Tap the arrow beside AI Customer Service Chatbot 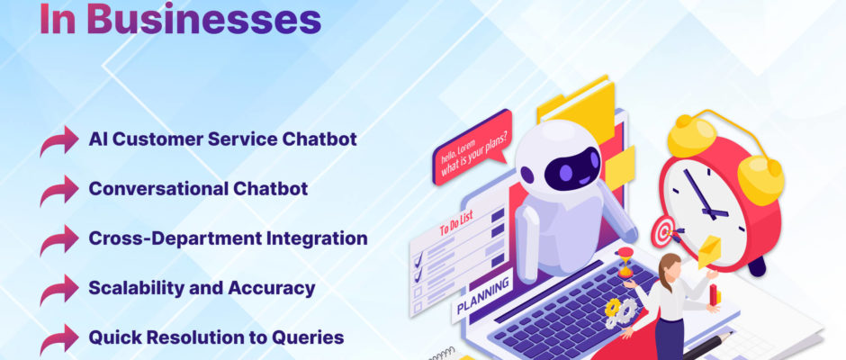coord(59,140)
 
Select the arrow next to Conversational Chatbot coord(59,190)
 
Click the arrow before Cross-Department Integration coord(59,239)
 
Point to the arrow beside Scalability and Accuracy coord(59,289)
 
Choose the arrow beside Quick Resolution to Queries coord(59,339)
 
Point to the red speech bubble coord(472,148)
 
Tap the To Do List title coord(456,223)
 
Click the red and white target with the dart coord(664,232)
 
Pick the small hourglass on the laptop coord(625,263)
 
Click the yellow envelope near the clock coord(709,252)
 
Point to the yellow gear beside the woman coord(613,307)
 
